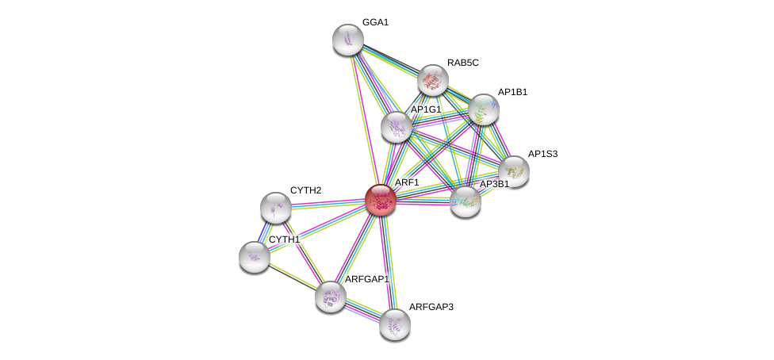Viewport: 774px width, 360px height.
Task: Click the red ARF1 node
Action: coord(381,200)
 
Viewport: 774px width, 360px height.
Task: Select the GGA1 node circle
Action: coord(347,40)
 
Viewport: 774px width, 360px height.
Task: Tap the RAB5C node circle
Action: coord(433,79)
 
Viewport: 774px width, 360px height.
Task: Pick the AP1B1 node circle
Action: coord(483,109)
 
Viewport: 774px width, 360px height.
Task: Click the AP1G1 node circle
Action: coord(397,127)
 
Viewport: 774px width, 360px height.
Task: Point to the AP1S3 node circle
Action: coord(514,170)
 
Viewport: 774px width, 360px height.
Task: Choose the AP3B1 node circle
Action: coord(466,201)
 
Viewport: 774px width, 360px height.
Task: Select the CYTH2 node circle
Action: coord(275,207)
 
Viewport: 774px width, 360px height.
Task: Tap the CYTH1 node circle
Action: coord(254,256)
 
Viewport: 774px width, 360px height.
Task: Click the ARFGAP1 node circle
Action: coord(330,297)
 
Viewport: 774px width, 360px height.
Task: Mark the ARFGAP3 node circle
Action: coord(394,324)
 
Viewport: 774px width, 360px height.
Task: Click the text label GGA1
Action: coord(375,22)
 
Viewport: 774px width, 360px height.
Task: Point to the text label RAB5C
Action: coord(462,63)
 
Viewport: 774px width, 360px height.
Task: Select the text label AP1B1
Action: coord(512,92)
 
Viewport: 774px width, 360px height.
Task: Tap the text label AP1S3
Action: coord(543,154)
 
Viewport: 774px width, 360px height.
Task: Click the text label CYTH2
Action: coord(305,190)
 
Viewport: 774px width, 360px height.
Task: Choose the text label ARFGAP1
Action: coord(366,279)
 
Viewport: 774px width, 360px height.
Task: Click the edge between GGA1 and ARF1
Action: coord(364,119)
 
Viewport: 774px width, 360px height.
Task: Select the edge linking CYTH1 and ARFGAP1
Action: coord(292,277)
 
